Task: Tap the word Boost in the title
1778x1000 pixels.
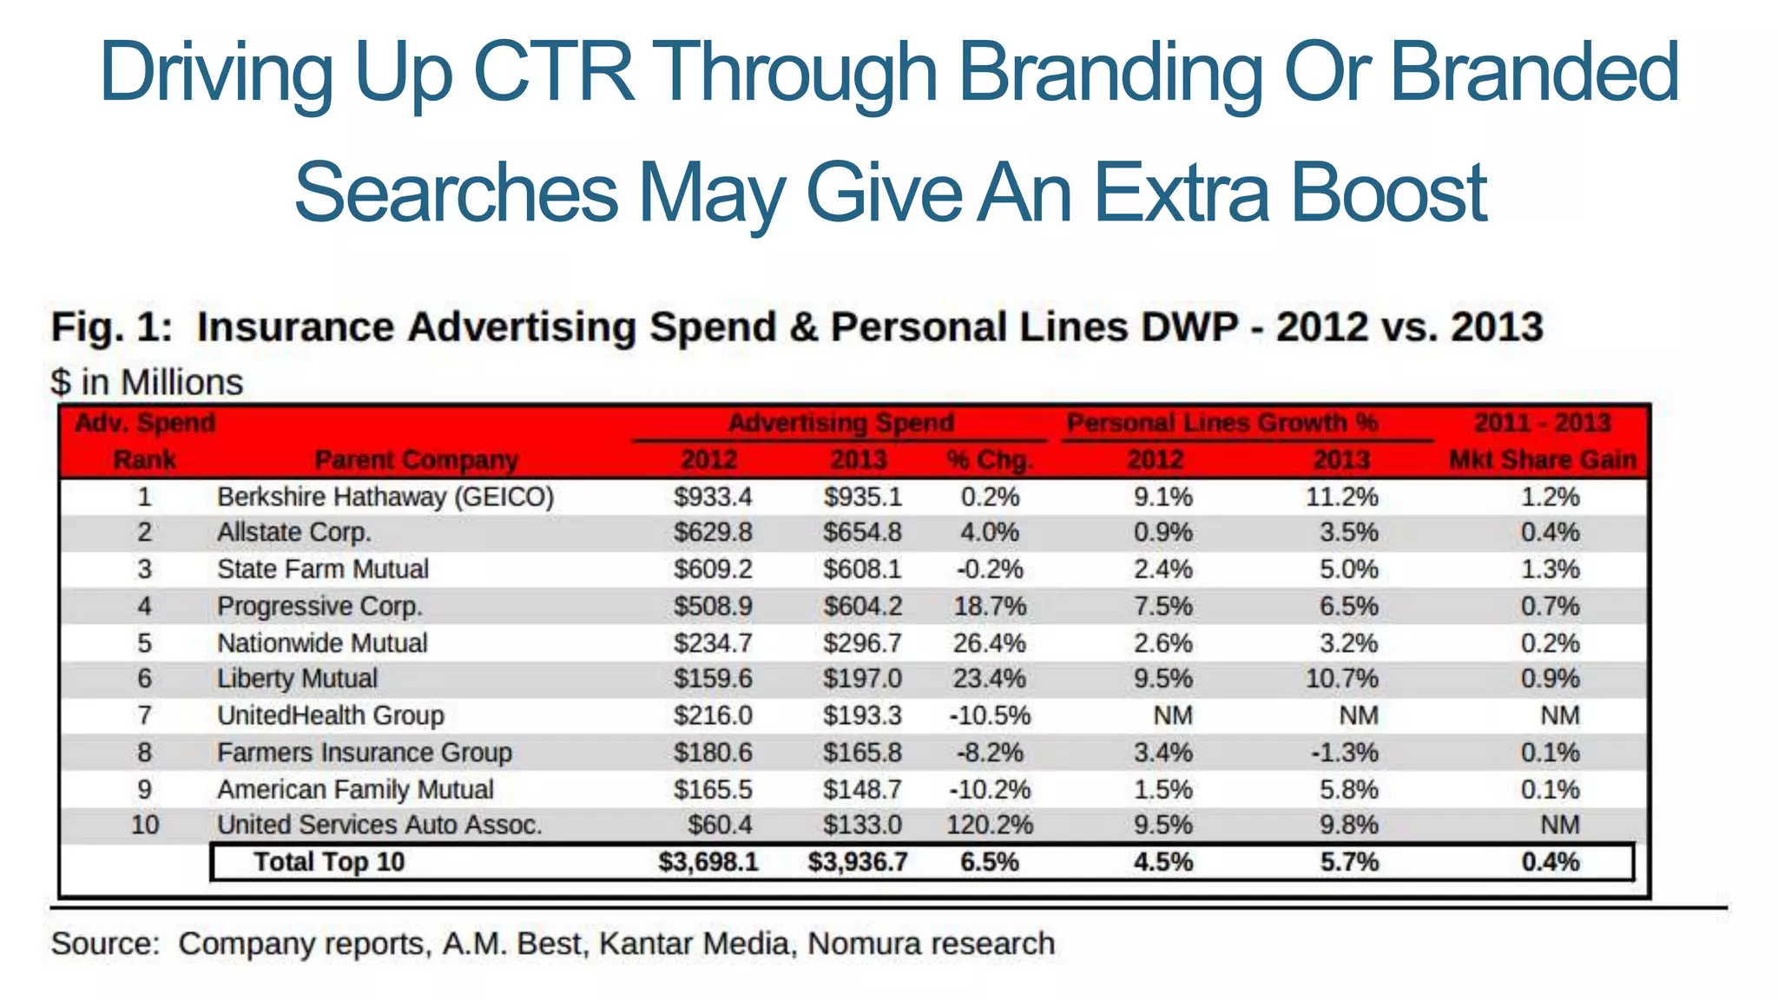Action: pos(1388,193)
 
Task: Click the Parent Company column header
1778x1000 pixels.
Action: pos(416,459)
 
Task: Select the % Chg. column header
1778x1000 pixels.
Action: pos(989,459)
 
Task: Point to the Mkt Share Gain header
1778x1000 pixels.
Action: pos(1542,459)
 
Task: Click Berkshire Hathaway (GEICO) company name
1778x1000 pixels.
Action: pos(385,497)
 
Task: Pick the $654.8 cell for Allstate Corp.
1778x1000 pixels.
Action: pos(862,532)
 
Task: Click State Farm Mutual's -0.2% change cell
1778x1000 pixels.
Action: pos(989,569)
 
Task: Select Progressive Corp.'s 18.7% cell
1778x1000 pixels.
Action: pos(989,606)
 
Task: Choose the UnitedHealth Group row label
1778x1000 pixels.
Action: pos(330,715)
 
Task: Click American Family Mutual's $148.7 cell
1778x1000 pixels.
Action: pos(862,790)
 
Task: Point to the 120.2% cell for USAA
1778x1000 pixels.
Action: pos(989,825)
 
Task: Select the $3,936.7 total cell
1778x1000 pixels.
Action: pos(857,862)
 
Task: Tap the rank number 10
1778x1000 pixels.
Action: pos(144,825)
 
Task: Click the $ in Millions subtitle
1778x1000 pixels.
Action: pos(147,383)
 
